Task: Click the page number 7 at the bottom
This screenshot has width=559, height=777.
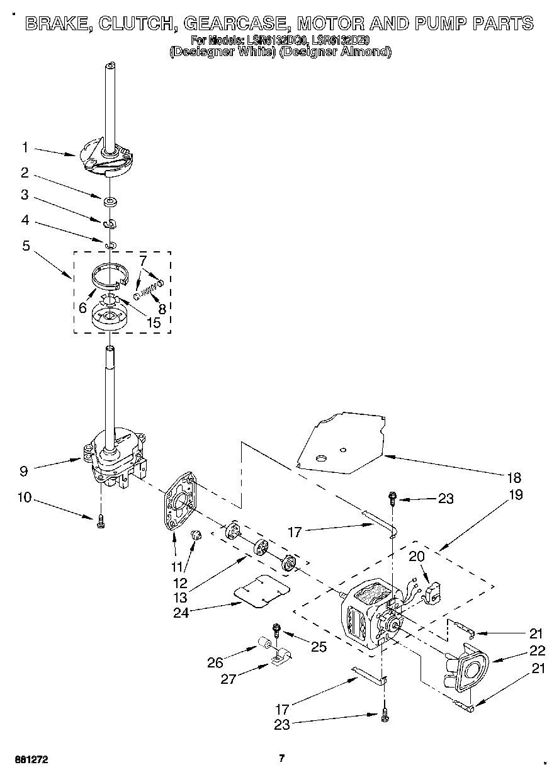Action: pyautogui.click(x=282, y=758)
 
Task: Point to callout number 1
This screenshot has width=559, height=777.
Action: pyautogui.click(x=25, y=147)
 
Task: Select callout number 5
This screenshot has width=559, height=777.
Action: pyautogui.click(x=26, y=245)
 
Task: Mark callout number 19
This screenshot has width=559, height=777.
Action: pyautogui.click(x=515, y=494)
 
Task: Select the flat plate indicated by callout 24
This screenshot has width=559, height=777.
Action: pyautogui.click(x=262, y=589)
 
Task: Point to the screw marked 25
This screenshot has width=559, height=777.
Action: pyautogui.click(x=276, y=630)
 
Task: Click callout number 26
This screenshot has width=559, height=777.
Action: pyautogui.click(x=215, y=662)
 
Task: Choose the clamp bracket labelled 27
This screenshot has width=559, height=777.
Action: pyautogui.click(x=278, y=659)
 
